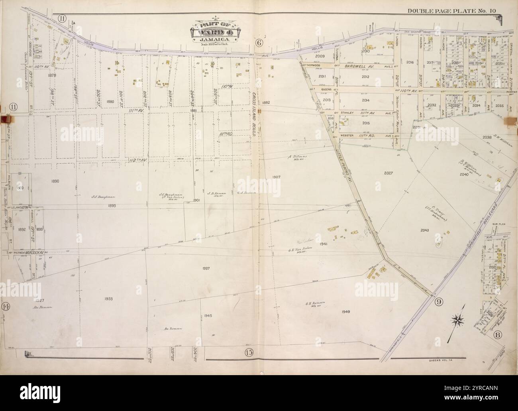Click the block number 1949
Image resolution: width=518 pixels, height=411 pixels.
click(x=345, y=311)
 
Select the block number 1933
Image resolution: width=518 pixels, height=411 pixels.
click(x=109, y=299)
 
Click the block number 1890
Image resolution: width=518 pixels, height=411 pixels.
click(x=55, y=181)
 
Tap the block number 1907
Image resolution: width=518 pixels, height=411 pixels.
click(x=277, y=177)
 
